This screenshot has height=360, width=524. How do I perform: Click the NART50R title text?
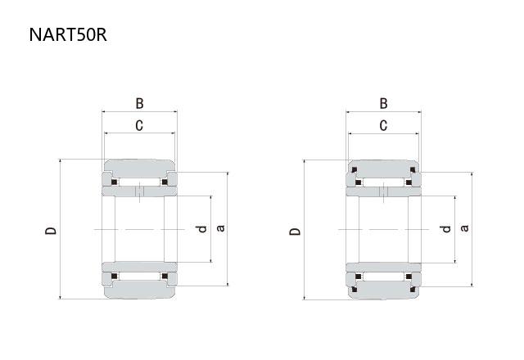coord(68,34)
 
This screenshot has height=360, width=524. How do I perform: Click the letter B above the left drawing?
coord(140,104)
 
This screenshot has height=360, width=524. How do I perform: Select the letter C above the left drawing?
coord(139,125)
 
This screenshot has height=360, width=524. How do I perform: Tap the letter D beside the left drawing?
coord(51,231)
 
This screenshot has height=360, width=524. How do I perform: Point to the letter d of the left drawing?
coord(202,229)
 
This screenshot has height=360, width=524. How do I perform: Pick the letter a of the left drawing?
coord(220,228)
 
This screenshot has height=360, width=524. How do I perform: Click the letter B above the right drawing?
coord(384,104)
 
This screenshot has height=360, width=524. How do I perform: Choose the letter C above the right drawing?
coord(383,125)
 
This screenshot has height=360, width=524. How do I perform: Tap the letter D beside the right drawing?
coord(295,232)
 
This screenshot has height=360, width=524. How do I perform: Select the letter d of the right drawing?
coord(445,229)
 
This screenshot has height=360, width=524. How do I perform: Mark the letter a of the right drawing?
coord(464,228)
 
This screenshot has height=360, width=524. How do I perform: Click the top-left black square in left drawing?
coord(115,182)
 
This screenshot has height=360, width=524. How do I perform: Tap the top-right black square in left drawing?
coord(165,182)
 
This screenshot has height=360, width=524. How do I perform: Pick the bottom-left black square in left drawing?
coord(115,277)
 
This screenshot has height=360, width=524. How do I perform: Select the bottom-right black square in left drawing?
coord(165,277)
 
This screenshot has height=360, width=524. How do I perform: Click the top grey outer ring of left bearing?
coord(139,169)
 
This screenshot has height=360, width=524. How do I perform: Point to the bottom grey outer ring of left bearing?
coord(139,290)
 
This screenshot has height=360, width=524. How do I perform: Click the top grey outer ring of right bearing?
coord(383,169)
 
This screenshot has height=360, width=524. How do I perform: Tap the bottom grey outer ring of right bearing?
coord(383,290)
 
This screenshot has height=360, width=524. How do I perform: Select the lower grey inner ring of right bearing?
coord(383,268)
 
